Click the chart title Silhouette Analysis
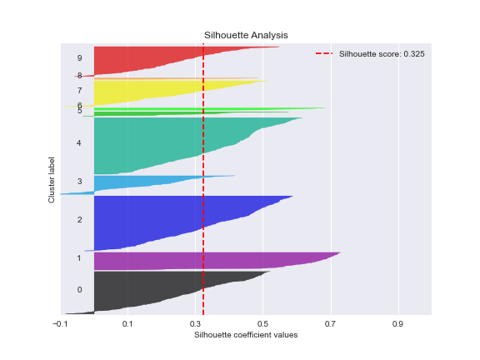click(x=246, y=35)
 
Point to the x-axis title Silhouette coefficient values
click(x=246, y=335)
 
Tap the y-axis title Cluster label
click(x=52, y=178)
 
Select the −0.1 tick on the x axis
click(x=60, y=323)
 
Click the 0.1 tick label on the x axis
click(x=127, y=323)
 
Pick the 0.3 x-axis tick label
click(x=195, y=323)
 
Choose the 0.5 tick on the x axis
click(x=262, y=323)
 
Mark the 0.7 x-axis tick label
click(x=330, y=323)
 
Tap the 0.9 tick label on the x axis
click(x=397, y=323)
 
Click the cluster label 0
click(x=79, y=290)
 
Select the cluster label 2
click(x=79, y=220)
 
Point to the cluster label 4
click(x=79, y=143)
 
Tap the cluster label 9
click(x=79, y=58)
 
